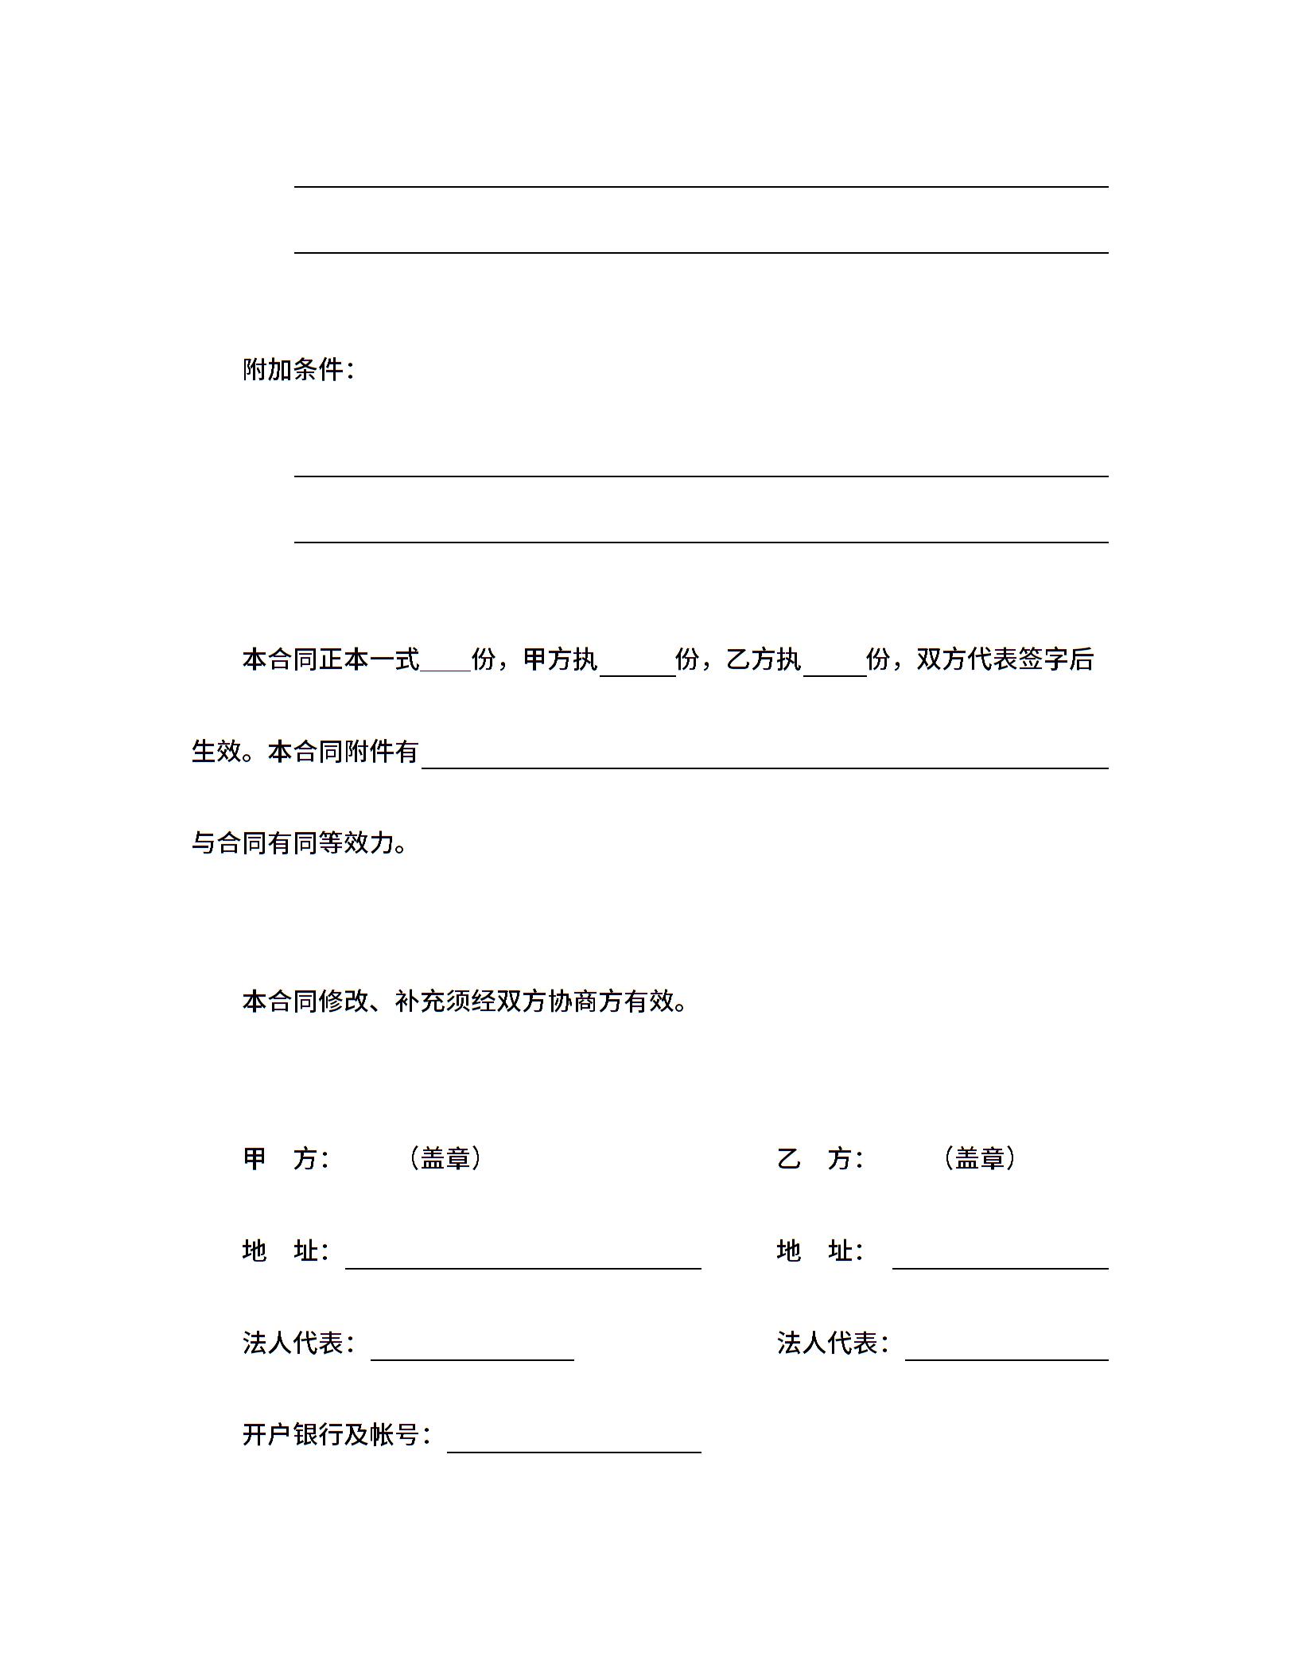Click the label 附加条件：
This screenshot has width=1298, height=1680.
click(x=298, y=370)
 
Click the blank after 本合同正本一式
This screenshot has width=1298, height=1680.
click(x=445, y=665)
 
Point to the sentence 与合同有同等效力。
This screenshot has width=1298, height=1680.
click(x=300, y=843)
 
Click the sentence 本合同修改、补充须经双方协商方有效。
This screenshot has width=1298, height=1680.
click(x=465, y=1001)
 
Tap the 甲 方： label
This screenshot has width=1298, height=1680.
click(x=286, y=1159)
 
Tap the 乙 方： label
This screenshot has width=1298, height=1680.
click(x=820, y=1159)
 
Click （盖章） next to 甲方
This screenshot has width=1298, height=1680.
click(x=445, y=1159)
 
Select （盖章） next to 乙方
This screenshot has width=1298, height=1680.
click(x=980, y=1159)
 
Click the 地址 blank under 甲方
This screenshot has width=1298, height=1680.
click(x=523, y=1258)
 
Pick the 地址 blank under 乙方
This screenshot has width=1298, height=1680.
click(x=1000, y=1258)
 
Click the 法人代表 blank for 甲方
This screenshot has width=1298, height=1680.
click(x=472, y=1351)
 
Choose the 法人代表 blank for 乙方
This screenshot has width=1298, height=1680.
click(x=1006, y=1351)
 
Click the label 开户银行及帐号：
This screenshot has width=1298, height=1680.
click(x=336, y=1435)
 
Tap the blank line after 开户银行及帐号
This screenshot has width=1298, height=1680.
click(x=573, y=1443)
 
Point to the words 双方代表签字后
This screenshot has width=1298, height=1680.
click(x=1005, y=659)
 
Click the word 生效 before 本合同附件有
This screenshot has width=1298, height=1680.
click(x=216, y=752)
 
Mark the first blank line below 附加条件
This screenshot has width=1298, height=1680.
click(x=701, y=468)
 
